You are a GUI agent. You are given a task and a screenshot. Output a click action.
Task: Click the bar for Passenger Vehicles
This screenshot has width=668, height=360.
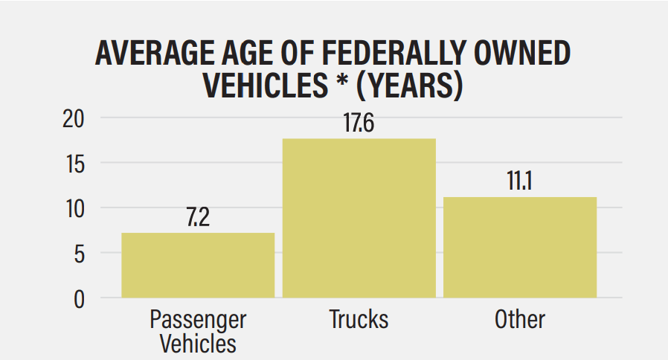(198, 266)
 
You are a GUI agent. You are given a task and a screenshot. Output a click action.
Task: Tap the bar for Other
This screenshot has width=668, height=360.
(520, 247)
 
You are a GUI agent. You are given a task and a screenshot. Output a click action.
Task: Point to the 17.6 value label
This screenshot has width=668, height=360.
(358, 123)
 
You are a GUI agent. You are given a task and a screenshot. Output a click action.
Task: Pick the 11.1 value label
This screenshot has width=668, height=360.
(520, 182)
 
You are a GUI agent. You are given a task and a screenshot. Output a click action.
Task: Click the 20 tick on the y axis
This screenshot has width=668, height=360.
(72, 118)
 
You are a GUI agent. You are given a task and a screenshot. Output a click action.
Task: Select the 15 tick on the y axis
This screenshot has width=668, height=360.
(72, 163)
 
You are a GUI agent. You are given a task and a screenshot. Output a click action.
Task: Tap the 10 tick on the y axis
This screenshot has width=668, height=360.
(72, 208)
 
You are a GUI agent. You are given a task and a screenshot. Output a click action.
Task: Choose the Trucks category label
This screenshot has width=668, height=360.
(359, 319)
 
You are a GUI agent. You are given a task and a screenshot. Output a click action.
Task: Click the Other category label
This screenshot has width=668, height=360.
(520, 319)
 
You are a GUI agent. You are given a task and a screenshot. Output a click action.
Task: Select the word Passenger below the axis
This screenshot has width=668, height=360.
(198, 320)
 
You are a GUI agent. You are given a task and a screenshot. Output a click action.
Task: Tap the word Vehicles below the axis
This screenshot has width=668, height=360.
(198, 343)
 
